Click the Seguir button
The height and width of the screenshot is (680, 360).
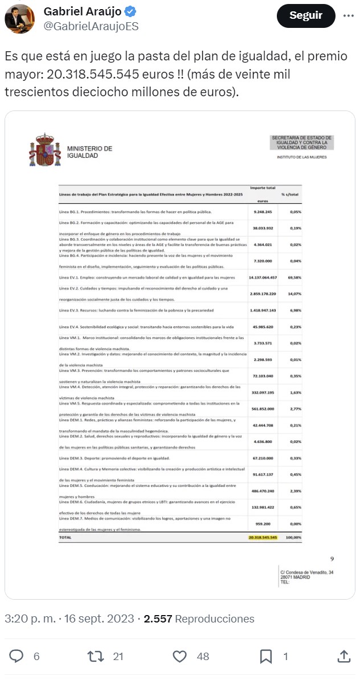pyautogui.click(x=306, y=15)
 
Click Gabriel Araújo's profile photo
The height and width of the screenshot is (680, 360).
pyautogui.click(x=19, y=19)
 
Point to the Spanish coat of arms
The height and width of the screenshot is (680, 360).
pyautogui.click(x=44, y=150)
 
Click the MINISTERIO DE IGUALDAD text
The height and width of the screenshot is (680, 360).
pyautogui.click(x=89, y=152)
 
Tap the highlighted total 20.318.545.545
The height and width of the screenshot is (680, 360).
pyautogui.click(x=263, y=537)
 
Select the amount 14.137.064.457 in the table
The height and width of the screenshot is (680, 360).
pyautogui.click(x=263, y=277)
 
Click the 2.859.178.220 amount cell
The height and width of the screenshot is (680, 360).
pyautogui.click(x=263, y=294)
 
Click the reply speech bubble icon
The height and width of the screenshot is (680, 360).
pyautogui.click(x=18, y=656)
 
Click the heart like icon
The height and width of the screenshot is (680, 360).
pyautogui.click(x=179, y=656)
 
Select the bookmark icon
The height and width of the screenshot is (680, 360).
pyautogui.click(x=266, y=656)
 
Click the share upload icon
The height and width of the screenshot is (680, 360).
pyautogui.click(x=343, y=656)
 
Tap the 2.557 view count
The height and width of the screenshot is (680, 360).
pyautogui.click(x=158, y=618)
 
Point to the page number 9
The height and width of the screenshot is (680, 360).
pyautogui.click(x=332, y=559)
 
